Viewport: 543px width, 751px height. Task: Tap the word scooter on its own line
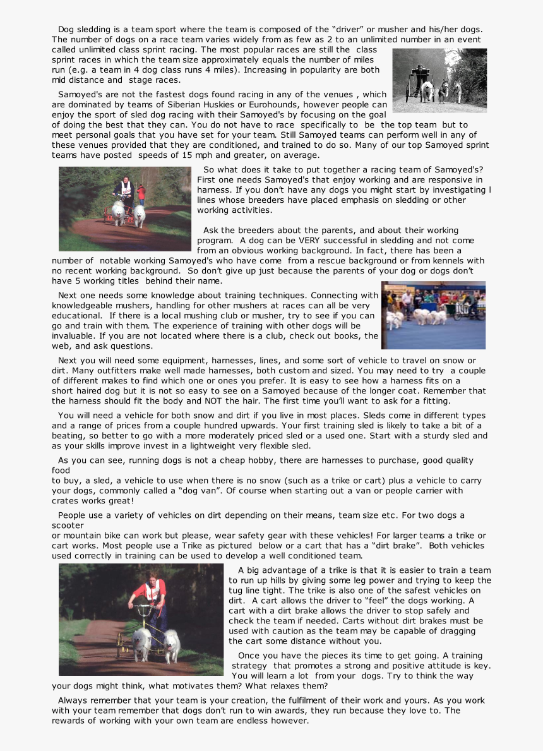coord(68,526)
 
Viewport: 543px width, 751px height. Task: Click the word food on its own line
coord(61,471)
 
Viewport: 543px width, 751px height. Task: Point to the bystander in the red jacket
coord(141,193)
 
